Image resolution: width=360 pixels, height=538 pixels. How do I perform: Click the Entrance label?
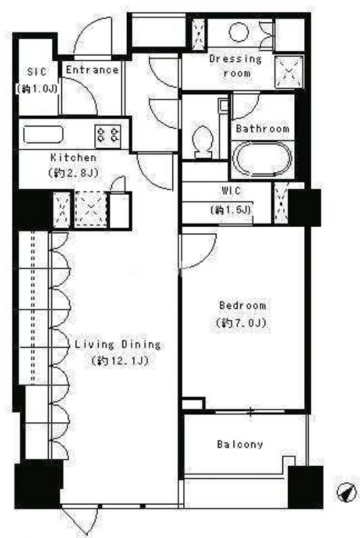92,70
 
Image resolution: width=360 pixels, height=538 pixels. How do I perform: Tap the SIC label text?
36,72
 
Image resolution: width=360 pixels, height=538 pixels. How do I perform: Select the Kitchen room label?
73,158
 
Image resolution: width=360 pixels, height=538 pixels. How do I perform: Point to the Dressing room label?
235,65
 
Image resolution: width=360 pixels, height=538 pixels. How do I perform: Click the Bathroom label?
262,128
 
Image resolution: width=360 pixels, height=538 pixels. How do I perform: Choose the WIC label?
231,191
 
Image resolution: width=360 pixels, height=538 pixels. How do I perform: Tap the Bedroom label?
243,305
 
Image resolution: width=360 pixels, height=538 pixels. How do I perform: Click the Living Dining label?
117,345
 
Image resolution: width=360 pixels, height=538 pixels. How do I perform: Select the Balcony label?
240,444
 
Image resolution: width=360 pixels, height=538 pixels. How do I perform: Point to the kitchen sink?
43,135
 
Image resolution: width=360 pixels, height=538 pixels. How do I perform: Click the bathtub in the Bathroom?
262,159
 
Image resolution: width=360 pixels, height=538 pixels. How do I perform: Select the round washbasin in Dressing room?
238,32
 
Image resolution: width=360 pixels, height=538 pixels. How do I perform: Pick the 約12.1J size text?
120,361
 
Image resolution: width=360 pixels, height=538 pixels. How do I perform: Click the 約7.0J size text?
241,323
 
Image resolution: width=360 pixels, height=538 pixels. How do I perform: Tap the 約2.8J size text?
73,172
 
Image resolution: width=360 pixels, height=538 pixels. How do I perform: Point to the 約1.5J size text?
231,209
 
